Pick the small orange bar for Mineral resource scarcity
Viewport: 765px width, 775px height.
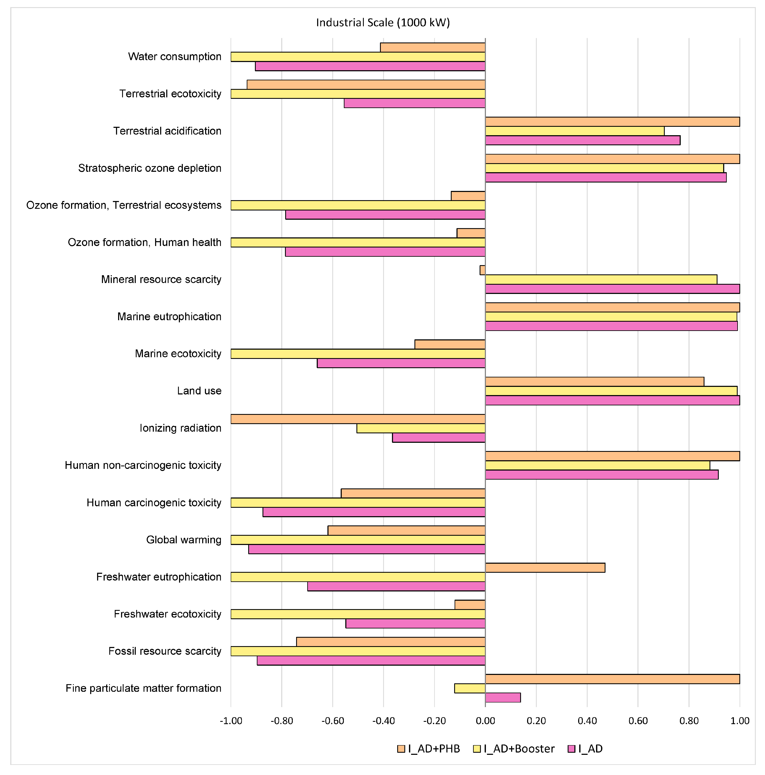482,270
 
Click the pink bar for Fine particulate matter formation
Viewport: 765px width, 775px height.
503,698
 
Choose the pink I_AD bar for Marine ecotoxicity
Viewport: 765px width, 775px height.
401,363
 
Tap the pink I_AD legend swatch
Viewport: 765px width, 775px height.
571,749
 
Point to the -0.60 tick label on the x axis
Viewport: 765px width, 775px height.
332,721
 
